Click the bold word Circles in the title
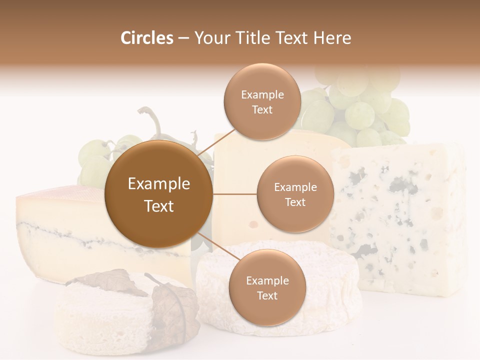(146, 38)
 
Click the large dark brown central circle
(158, 194)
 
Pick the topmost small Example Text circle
(262, 101)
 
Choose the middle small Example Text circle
(295, 194)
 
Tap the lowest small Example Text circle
(267, 287)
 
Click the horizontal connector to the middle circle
(234, 194)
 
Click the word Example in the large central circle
(158, 184)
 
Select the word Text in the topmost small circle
(262, 109)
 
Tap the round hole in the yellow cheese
(253, 223)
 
